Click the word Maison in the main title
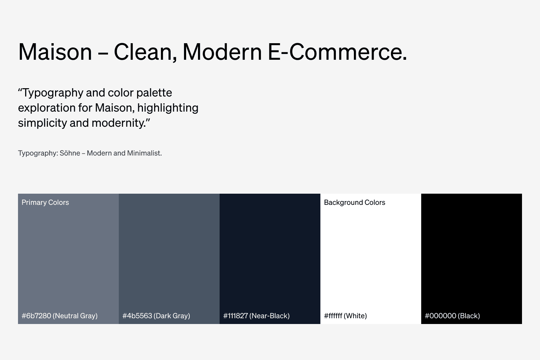click(x=55, y=52)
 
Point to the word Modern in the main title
click(x=222, y=52)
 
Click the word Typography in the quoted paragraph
click(x=53, y=93)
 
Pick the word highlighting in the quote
click(x=168, y=108)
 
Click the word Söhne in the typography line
click(x=70, y=153)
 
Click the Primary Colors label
click(x=45, y=202)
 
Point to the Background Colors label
click(x=355, y=202)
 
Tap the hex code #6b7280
click(x=36, y=316)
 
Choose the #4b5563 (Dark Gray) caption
click(x=156, y=316)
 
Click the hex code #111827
click(x=235, y=316)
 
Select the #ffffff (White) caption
click(x=345, y=316)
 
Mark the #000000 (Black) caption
click(x=452, y=316)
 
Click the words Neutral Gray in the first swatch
click(x=75, y=316)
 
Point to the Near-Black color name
click(x=270, y=316)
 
